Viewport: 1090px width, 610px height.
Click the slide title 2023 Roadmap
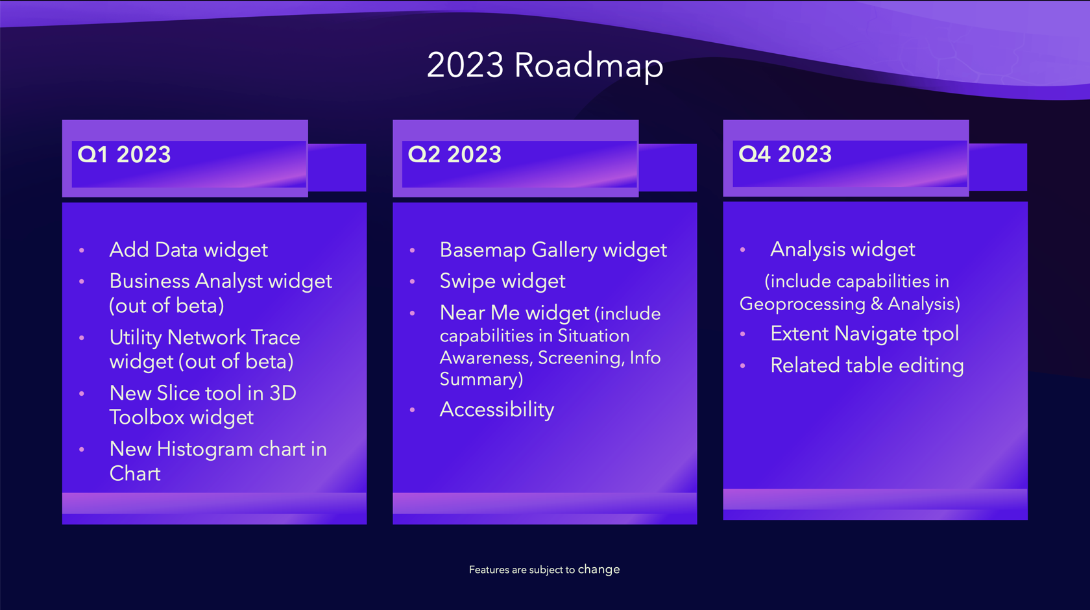[x=545, y=66]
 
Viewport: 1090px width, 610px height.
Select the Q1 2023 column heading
[x=124, y=154]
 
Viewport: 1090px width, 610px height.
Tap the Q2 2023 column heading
[x=454, y=154]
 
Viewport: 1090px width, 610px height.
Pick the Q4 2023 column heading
[x=785, y=154]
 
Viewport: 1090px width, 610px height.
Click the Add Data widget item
[x=188, y=250]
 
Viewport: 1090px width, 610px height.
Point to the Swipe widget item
[x=502, y=281]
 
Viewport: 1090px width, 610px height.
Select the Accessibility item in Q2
[x=496, y=409]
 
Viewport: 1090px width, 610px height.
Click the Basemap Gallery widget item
[x=553, y=250]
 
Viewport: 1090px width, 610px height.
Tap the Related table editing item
[x=867, y=365]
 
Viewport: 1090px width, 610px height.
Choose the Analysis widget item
[x=842, y=249]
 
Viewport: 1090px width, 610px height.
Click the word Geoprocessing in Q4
[x=803, y=304]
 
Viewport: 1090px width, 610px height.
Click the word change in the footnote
[x=598, y=569]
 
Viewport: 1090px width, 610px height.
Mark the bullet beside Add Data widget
[x=82, y=250]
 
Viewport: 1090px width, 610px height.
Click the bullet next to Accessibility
[x=412, y=410]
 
